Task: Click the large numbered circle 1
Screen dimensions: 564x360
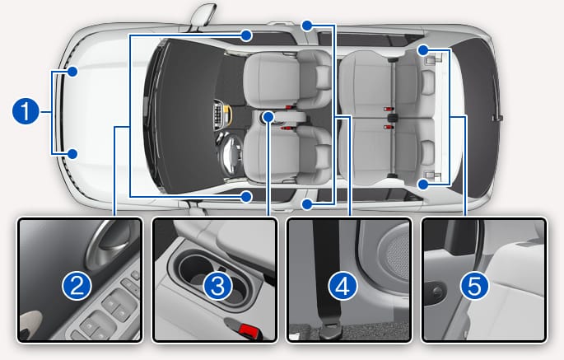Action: pos(26,111)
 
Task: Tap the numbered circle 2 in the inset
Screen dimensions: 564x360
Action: pos(77,286)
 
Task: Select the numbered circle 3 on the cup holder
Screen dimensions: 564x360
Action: pos(217,286)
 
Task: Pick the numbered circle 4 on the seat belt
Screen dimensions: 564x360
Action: pos(343,286)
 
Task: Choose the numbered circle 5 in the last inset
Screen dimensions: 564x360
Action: pos(474,286)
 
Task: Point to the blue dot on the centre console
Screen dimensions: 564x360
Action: pos(268,117)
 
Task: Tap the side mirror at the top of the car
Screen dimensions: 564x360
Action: pos(203,14)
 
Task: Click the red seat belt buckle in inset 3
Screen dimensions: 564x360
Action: pos(248,330)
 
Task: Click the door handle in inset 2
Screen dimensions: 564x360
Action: pos(108,245)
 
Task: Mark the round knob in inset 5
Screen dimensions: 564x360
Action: pos(436,292)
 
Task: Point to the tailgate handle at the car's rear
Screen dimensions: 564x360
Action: pos(498,117)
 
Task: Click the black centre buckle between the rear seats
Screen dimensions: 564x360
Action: pos(393,118)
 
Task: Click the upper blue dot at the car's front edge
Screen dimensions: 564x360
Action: pos(72,72)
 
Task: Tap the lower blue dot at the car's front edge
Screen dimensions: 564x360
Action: pos(72,154)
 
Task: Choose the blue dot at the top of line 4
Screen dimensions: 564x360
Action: pos(307,26)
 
